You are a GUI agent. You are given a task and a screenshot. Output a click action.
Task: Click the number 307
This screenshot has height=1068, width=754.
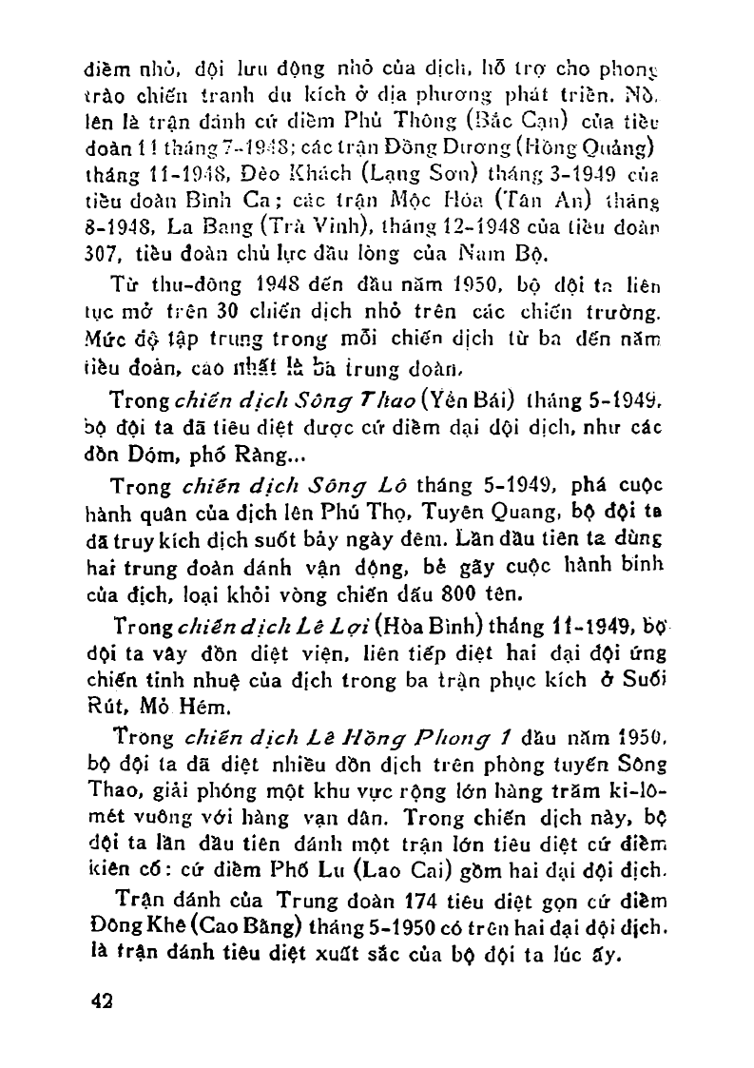[x=102, y=251]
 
